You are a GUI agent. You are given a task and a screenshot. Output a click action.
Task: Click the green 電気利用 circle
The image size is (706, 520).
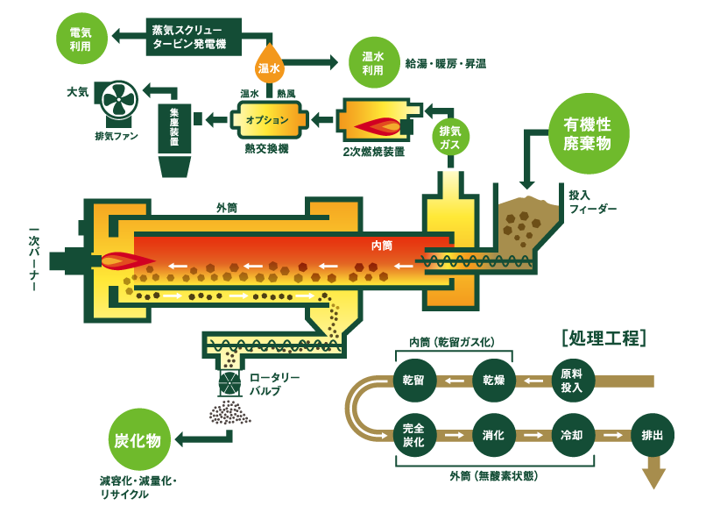[80, 38]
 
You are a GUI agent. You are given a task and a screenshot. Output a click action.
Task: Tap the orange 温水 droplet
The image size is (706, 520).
[270, 64]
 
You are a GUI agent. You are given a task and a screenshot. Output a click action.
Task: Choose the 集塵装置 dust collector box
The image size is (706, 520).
[174, 127]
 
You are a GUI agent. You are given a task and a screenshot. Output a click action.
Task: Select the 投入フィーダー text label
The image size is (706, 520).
[592, 203]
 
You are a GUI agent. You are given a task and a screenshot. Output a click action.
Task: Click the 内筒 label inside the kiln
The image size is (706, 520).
[382, 245]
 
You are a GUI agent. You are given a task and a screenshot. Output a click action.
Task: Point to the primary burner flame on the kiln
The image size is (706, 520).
[124, 260]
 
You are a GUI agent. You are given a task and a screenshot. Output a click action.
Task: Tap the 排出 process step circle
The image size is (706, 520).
[652, 435]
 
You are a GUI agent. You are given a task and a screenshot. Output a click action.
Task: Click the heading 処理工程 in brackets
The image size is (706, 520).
[603, 338]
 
